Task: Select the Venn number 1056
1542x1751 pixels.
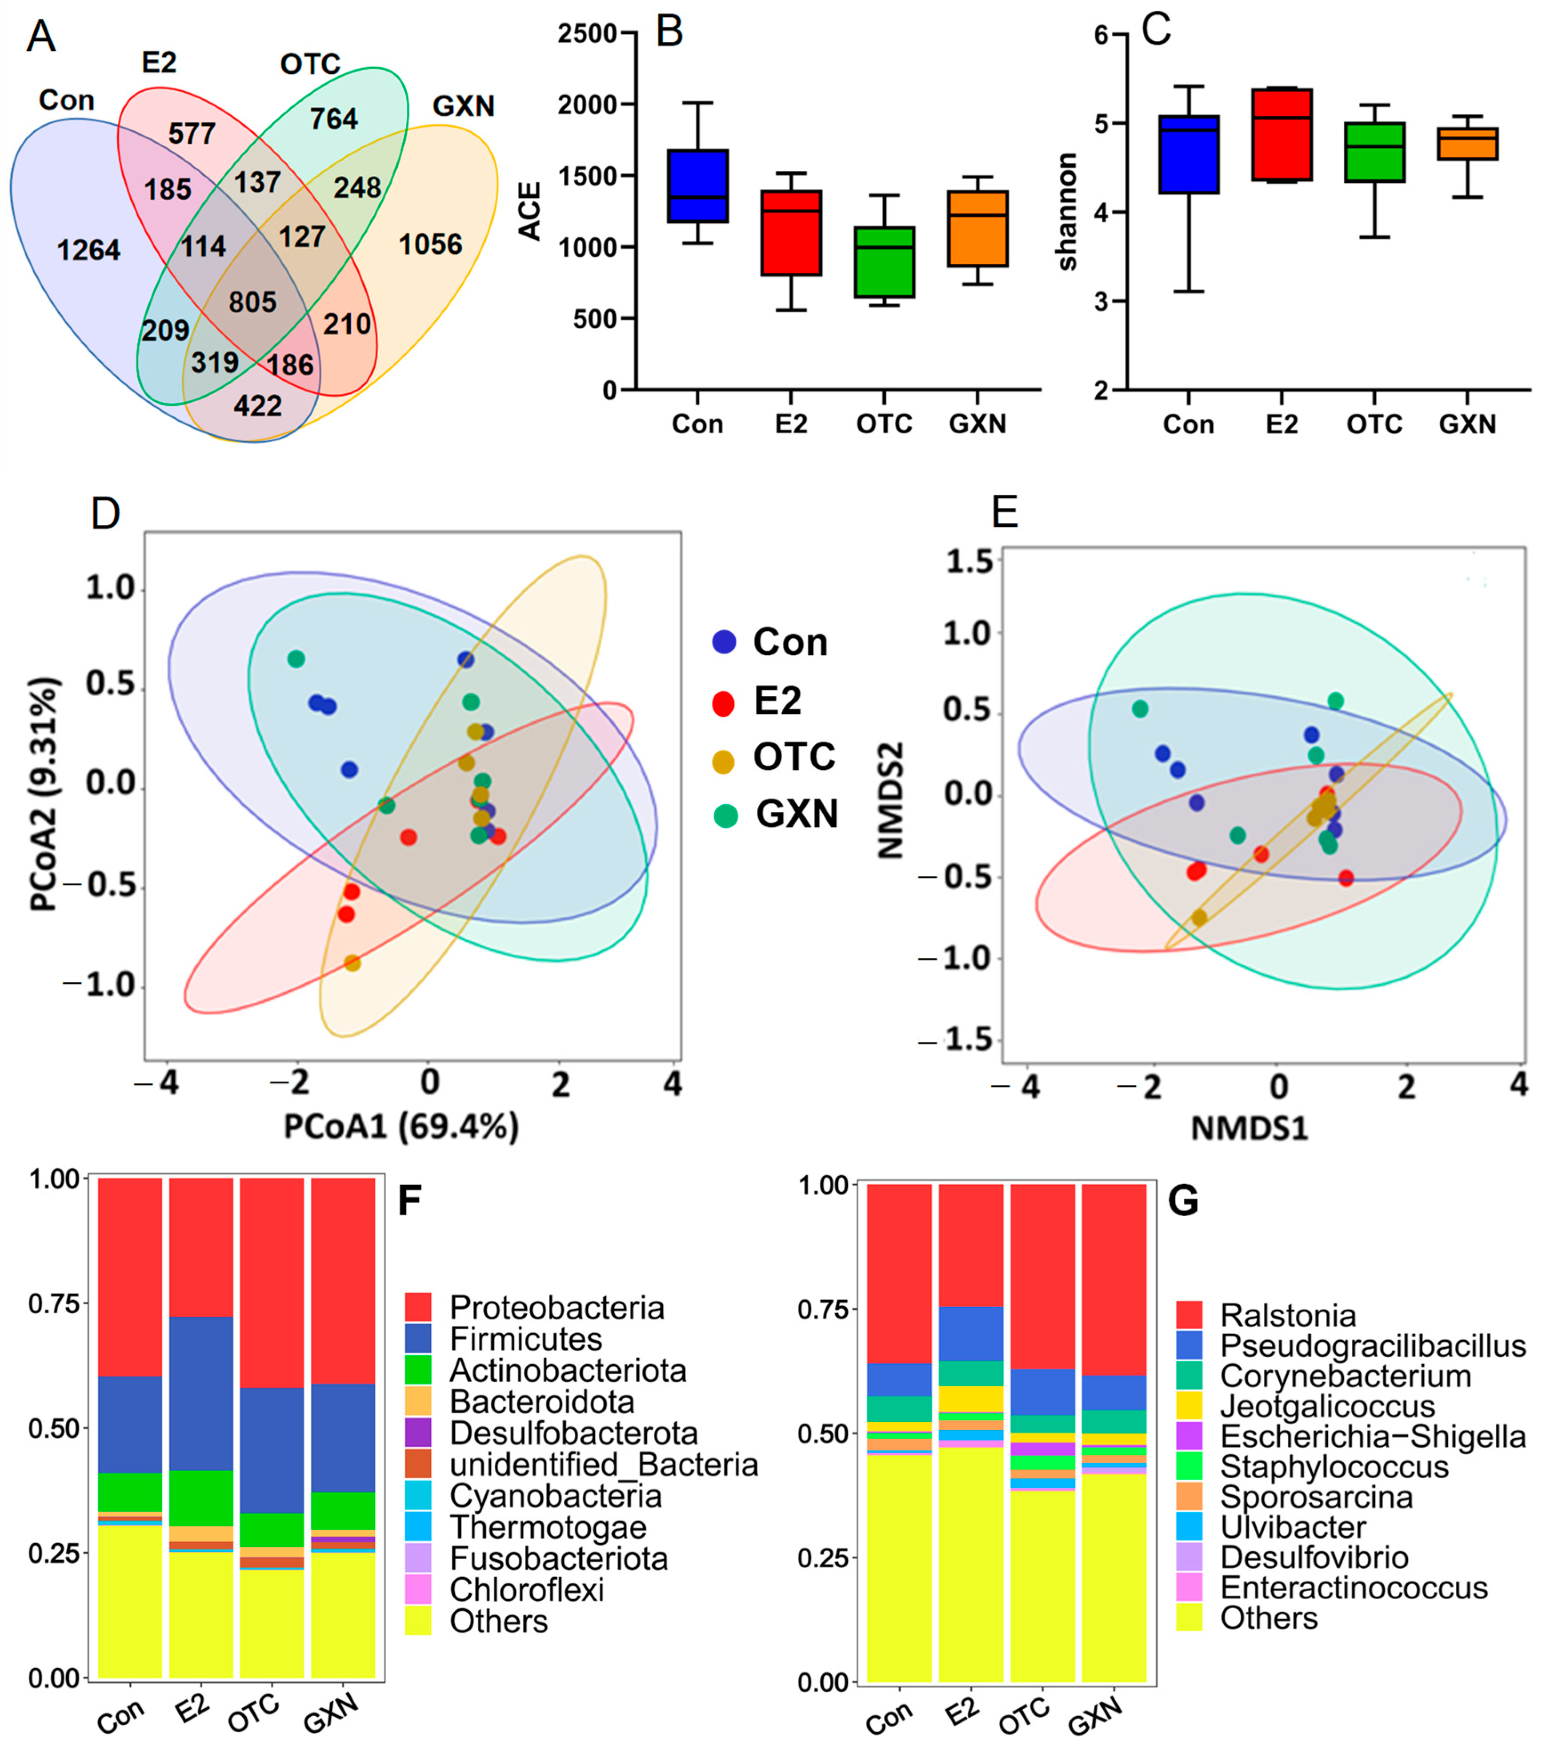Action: point(430,245)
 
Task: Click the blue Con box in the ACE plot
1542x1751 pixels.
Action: point(698,186)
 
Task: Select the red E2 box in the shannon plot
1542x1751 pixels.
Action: point(1281,134)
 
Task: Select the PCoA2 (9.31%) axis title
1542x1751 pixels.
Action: point(44,795)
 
